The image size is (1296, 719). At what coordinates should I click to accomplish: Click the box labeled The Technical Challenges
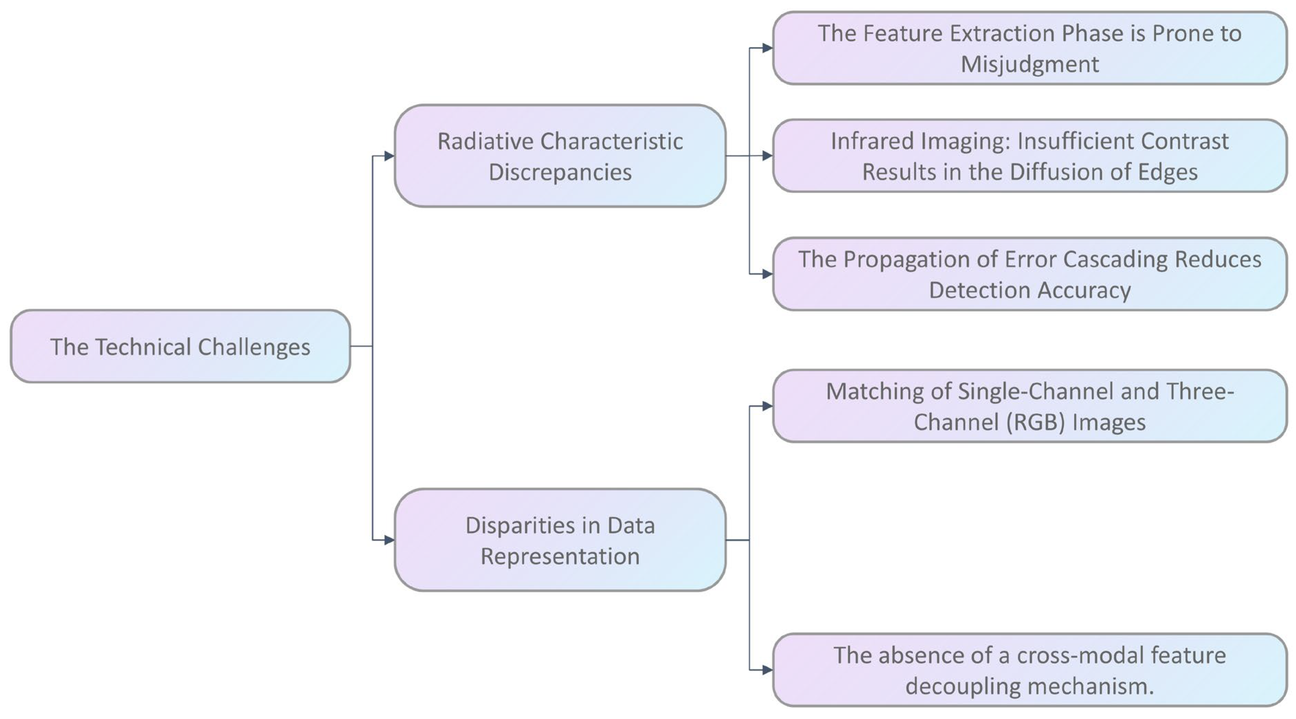(180, 347)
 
